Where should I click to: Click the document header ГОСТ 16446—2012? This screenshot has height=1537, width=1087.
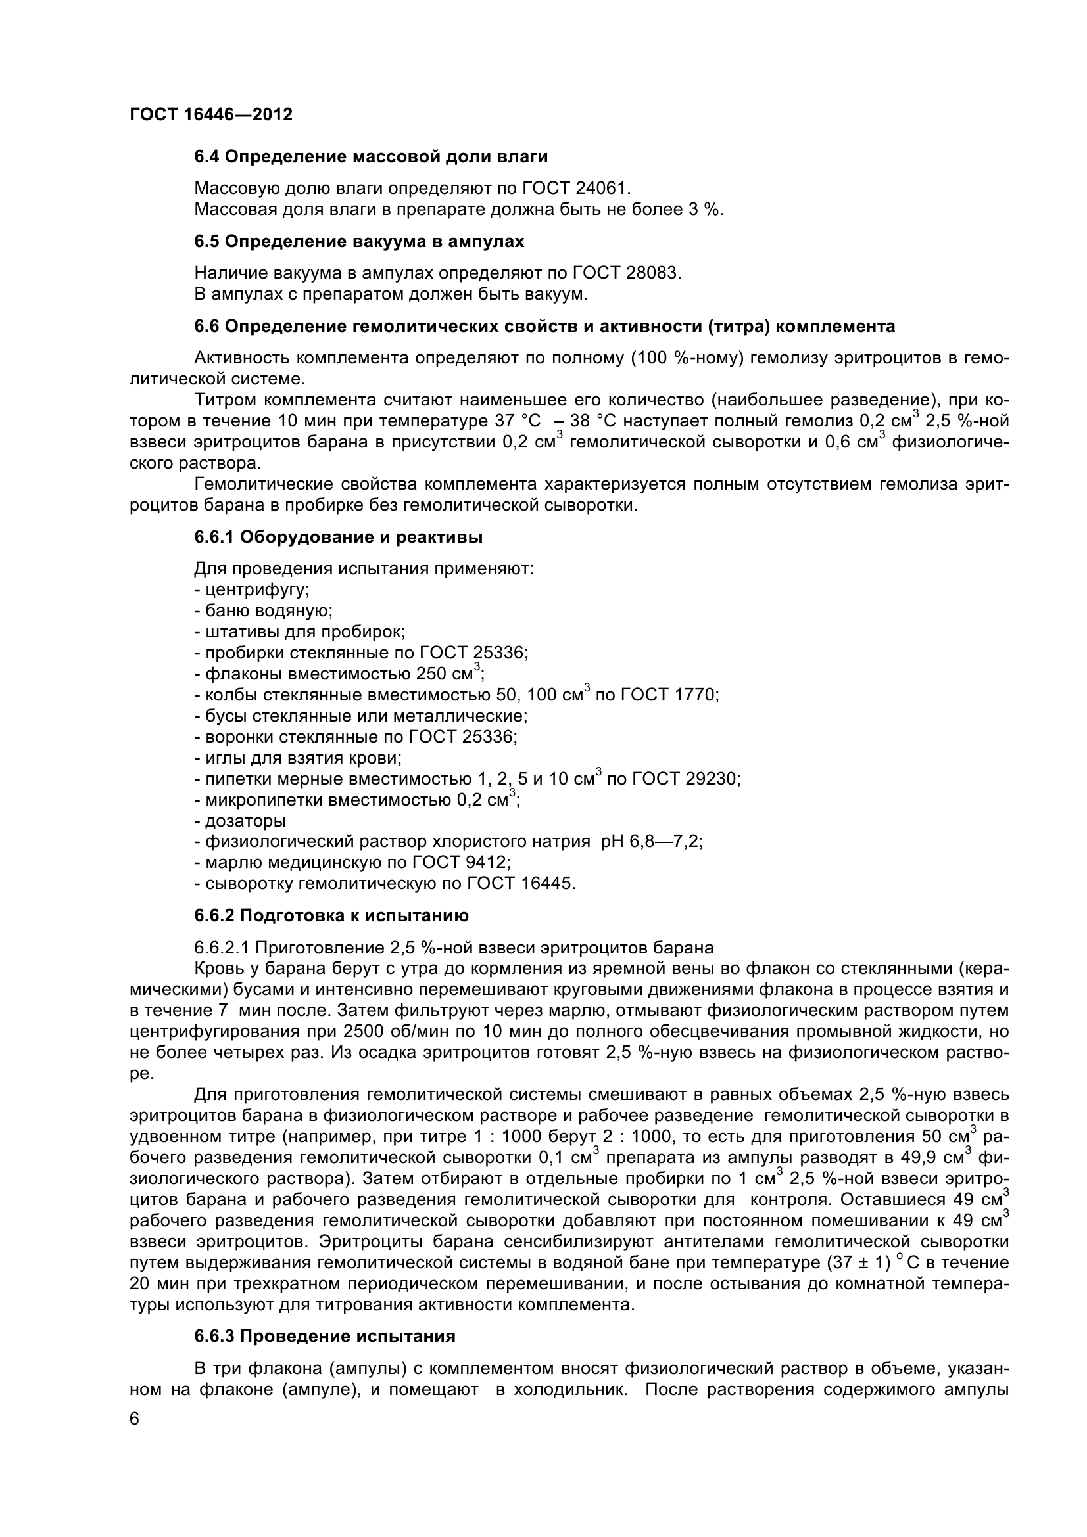click(x=211, y=115)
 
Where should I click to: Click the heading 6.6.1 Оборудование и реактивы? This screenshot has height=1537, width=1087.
click(x=338, y=538)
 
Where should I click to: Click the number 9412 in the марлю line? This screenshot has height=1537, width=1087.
click(x=485, y=863)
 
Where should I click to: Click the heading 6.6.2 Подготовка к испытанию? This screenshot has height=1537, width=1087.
click(x=331, y=916)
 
